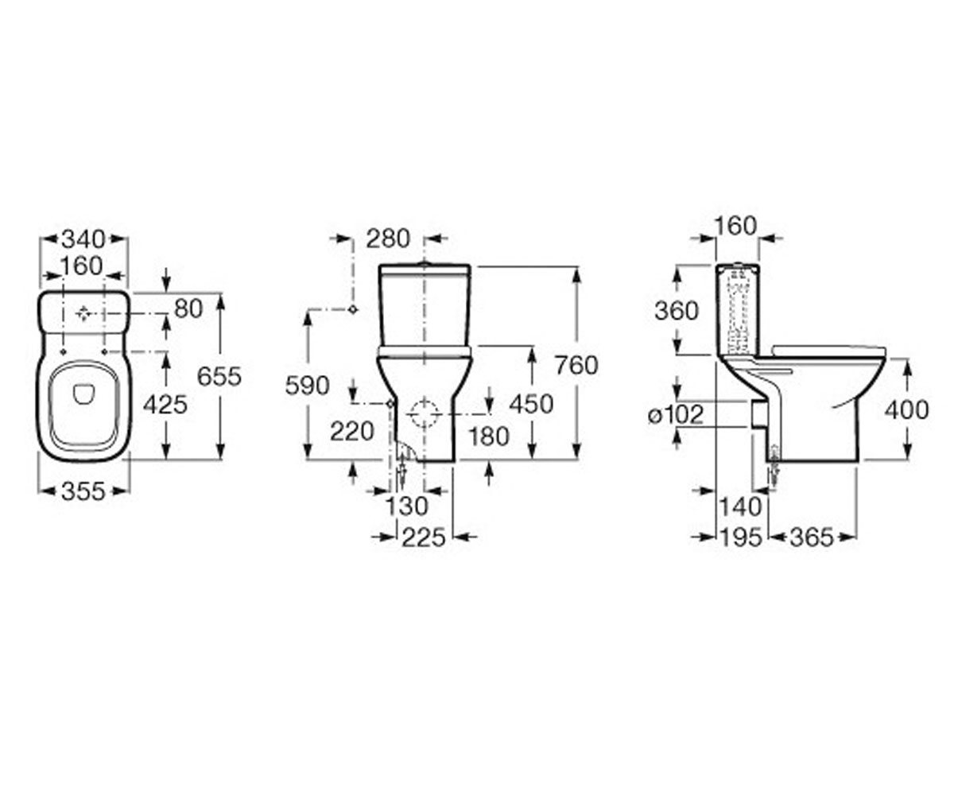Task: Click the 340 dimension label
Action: click(83, 239)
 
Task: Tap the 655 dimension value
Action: click(219, 377)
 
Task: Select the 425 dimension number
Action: click(165, 405)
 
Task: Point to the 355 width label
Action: click(83, 492)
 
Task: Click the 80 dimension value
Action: click(188, 309)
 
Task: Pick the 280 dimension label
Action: click(388, 239)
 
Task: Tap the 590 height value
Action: click(307, 386)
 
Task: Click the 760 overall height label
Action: click(576, 366)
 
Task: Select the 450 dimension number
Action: click(531, 404)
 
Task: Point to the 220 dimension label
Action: click(352, 432)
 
